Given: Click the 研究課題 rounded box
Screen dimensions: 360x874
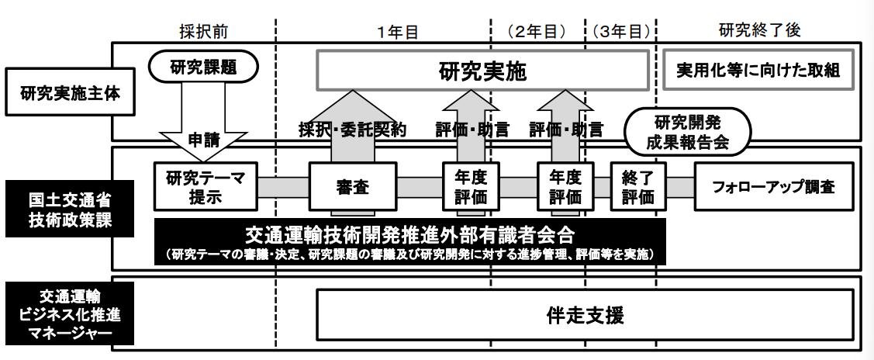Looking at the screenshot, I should point(203,66).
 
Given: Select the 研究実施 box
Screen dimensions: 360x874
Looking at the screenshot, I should point(482,71).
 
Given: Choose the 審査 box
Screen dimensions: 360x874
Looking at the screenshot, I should point(352,187).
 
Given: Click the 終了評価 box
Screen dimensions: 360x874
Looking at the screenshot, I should point(637,186).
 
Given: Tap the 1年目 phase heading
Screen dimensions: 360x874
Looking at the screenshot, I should point(398,32).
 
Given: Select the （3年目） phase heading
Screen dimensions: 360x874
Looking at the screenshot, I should point(620,32).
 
